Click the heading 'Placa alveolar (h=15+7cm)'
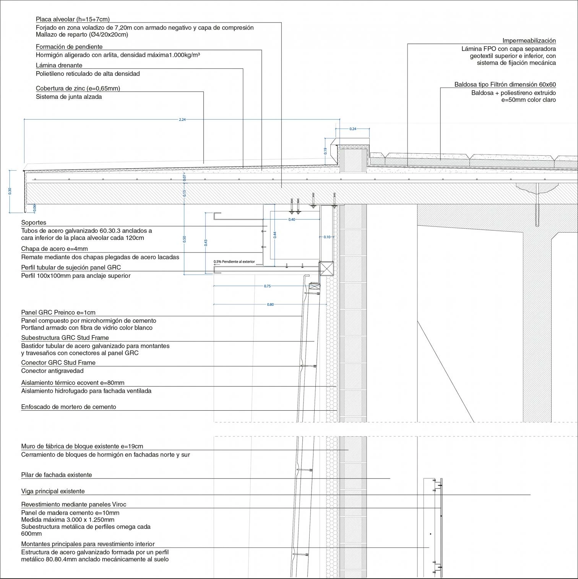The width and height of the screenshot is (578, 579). coord(73,19)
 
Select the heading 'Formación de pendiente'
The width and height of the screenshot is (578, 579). coord(69,47)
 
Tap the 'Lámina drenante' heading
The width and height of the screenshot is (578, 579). coord(59,65)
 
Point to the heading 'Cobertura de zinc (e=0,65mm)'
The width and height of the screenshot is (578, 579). coord(78,88)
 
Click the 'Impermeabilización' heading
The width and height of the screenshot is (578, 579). coord(529,41)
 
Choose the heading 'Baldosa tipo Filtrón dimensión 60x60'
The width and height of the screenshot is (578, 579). coord(505,85)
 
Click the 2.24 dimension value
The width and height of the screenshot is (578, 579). coord(182,120)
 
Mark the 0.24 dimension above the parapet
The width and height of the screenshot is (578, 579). coord(353,129)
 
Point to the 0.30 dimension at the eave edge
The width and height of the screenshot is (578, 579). coord(10,191)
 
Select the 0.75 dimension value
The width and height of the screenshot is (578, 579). coord(267,286)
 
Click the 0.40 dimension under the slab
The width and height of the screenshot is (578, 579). coord(292,220)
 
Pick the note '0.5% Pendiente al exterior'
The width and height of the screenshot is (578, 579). coord(234,262)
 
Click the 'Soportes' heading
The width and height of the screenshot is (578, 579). coord(34,223)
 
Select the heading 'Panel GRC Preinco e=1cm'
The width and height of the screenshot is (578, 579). coord(58,312)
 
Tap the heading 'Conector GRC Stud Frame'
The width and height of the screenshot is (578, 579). coord(58,363)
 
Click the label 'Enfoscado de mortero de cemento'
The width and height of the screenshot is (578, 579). coord(68,407)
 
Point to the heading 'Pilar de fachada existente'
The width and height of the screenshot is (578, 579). coord(57,475)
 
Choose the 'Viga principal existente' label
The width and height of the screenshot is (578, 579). coord(53,491)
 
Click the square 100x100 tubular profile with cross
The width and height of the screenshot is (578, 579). coord(326,268)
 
